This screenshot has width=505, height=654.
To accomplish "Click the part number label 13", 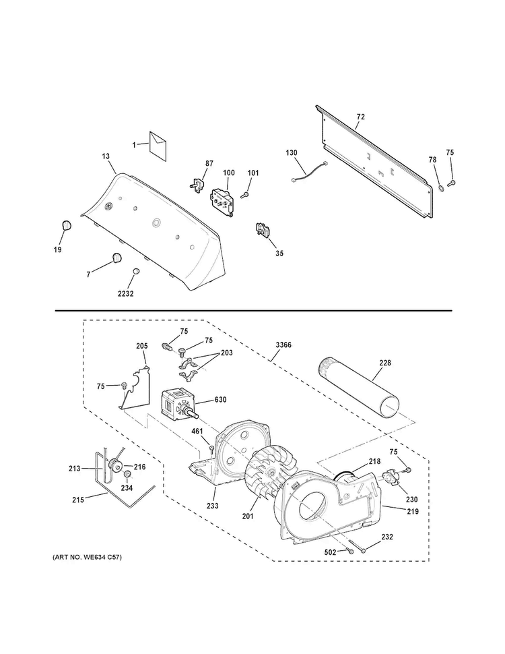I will coord(106,156).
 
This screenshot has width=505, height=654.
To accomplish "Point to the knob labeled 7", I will coord(116,257).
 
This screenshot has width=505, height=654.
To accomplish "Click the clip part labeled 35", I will coord(261,231).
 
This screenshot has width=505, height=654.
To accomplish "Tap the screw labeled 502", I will coord(350,551).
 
